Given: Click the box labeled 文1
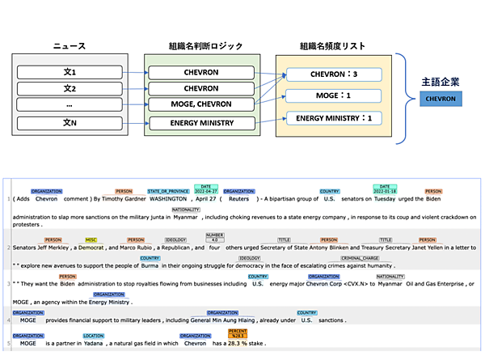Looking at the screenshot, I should click(69, 72).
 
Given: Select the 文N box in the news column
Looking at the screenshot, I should click(69, 123).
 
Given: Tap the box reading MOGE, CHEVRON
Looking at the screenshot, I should click(200, 105).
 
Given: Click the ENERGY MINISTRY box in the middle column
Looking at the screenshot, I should click(200, 123).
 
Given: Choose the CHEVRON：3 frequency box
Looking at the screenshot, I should click(333, 75).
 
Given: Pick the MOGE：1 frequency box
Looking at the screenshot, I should click(333, 97).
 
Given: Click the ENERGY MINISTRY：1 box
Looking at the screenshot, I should click(333, 119).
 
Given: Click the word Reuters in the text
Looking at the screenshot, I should click(238, 198).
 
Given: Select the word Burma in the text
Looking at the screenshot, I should click(150, 265).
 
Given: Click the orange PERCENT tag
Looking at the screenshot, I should click(238, 332).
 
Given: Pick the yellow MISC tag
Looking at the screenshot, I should click(91, 239).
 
